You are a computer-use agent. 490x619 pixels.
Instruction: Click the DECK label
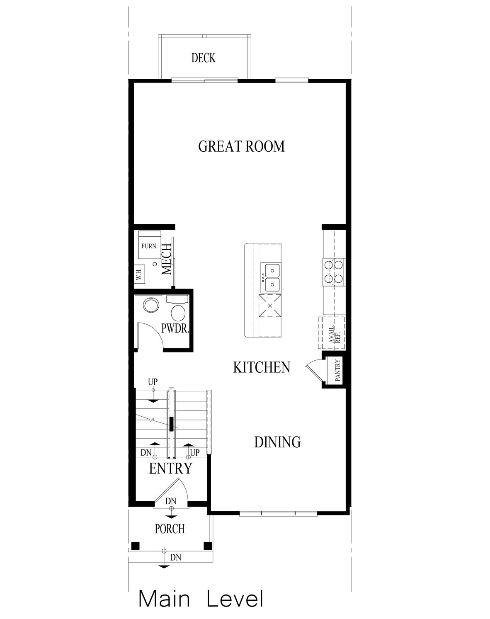click(203, 58)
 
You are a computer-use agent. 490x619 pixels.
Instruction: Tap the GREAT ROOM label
click(241, 146)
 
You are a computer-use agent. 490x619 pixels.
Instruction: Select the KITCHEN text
click(262, 367)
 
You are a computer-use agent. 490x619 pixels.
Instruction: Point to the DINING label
click(277, 442)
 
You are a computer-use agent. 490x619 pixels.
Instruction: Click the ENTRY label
click(170, 468)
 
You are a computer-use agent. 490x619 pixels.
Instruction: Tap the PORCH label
click(170, 529)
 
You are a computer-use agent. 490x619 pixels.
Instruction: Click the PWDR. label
click(175, 329)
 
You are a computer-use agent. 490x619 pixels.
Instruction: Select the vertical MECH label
click(166, 259)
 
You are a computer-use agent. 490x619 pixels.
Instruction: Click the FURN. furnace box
click(149, 246)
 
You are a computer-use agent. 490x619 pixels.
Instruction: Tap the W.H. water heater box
click(139, 274)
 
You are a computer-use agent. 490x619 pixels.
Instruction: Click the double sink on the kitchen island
click(270, 277)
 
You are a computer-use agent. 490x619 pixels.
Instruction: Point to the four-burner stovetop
click(334, 272)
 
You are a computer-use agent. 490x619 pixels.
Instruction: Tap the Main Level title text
click(201, 599)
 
